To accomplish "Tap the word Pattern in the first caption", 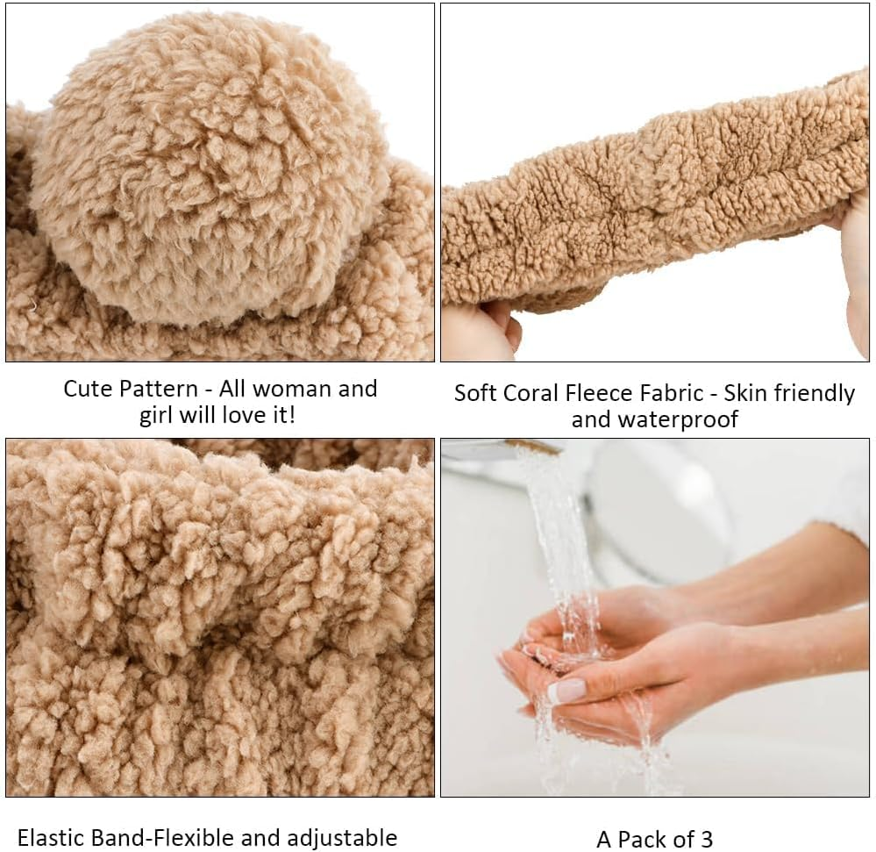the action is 153,389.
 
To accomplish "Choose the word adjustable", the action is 342,839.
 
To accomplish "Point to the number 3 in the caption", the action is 707,840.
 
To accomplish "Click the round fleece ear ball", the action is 210,168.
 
